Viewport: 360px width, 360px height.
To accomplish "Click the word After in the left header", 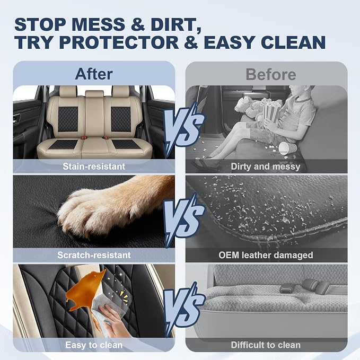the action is (94, 74).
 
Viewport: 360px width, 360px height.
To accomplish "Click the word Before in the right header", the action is (271, 74).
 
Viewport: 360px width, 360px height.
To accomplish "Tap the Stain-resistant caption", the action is (94, 166).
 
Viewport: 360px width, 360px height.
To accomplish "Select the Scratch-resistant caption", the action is (94, 255).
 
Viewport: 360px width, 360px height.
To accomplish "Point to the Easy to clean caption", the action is (94, 345).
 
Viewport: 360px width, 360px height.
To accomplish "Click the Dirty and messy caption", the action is (266, 166).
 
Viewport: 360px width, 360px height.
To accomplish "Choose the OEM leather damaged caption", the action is (266, 255).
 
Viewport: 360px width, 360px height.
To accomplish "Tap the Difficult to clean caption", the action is (266, 345).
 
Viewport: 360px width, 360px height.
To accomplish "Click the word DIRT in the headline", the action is (176, 25).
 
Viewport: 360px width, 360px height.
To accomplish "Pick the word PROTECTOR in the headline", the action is (120, 42).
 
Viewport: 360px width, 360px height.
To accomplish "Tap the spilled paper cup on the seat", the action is (286, 148).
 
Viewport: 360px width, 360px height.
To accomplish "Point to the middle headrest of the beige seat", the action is (94, 94).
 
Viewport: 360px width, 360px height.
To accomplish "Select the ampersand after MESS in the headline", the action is (138, 25).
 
